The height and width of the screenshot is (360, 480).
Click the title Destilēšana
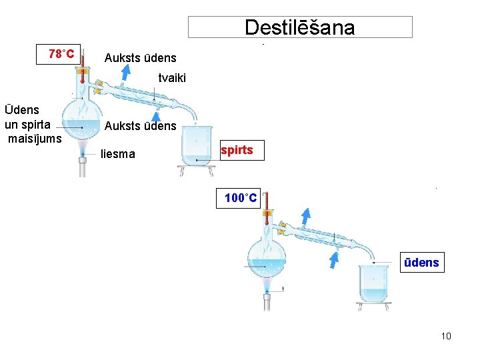tap(300, 27)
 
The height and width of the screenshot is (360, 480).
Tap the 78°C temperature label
tap(61, 53)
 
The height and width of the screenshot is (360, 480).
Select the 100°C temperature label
tap(241, 198)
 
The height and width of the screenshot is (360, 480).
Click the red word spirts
tap(237, 150)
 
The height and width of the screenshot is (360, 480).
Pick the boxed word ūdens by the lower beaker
tap(421, 263)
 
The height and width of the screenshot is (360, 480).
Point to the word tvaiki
tap(172, 78)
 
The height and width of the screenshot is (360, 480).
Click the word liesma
tap(117, 154)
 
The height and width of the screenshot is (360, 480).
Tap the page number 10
tap(446, 335)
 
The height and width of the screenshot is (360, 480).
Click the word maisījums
tap(35, 138)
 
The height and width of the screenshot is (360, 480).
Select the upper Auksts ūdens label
tap(140, 58)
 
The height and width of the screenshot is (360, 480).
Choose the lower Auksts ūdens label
tap(140, 125)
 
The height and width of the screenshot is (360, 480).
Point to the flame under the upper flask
tap(82, 147)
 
